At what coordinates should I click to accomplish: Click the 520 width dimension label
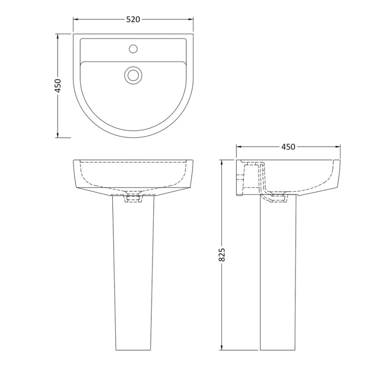point(133,19)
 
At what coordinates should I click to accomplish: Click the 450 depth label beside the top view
point(59,86)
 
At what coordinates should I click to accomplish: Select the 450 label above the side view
point(288,147)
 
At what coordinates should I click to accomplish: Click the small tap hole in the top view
point(133,48)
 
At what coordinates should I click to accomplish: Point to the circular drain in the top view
point(133,74)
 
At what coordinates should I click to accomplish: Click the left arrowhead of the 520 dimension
point(75,19)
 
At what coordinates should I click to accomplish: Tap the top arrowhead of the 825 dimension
point(223,162)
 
